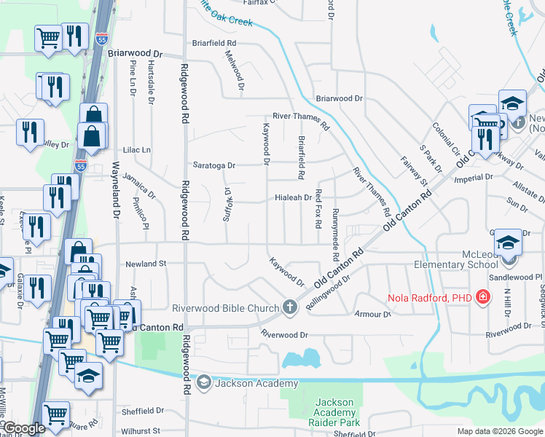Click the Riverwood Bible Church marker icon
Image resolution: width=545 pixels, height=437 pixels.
coord(290,307)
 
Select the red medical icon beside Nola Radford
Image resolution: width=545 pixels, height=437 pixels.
coord(482,297)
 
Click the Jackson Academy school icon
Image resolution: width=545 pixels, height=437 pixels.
coord(203,383)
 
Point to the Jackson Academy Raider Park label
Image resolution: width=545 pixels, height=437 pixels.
coord(334,412)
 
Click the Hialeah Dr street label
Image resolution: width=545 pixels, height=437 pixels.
coord(293,197)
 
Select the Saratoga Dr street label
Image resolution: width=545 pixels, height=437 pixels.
coord(214,165)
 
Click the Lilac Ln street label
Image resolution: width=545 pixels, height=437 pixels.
coord(136,149)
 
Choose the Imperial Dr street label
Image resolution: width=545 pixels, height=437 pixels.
coord(474,177)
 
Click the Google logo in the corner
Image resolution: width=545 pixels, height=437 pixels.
coord(24,429)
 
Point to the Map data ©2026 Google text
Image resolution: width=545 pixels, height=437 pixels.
coord(500,431)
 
